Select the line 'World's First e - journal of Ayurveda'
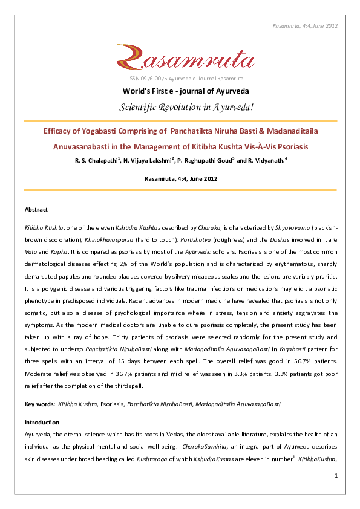(180, 91)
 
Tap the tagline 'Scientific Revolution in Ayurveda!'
(180, 107)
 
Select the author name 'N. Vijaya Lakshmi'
(148, 161)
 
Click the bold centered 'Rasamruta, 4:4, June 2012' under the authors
(180, 179)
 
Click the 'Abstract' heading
(36, 209)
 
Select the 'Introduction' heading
(42, 422)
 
